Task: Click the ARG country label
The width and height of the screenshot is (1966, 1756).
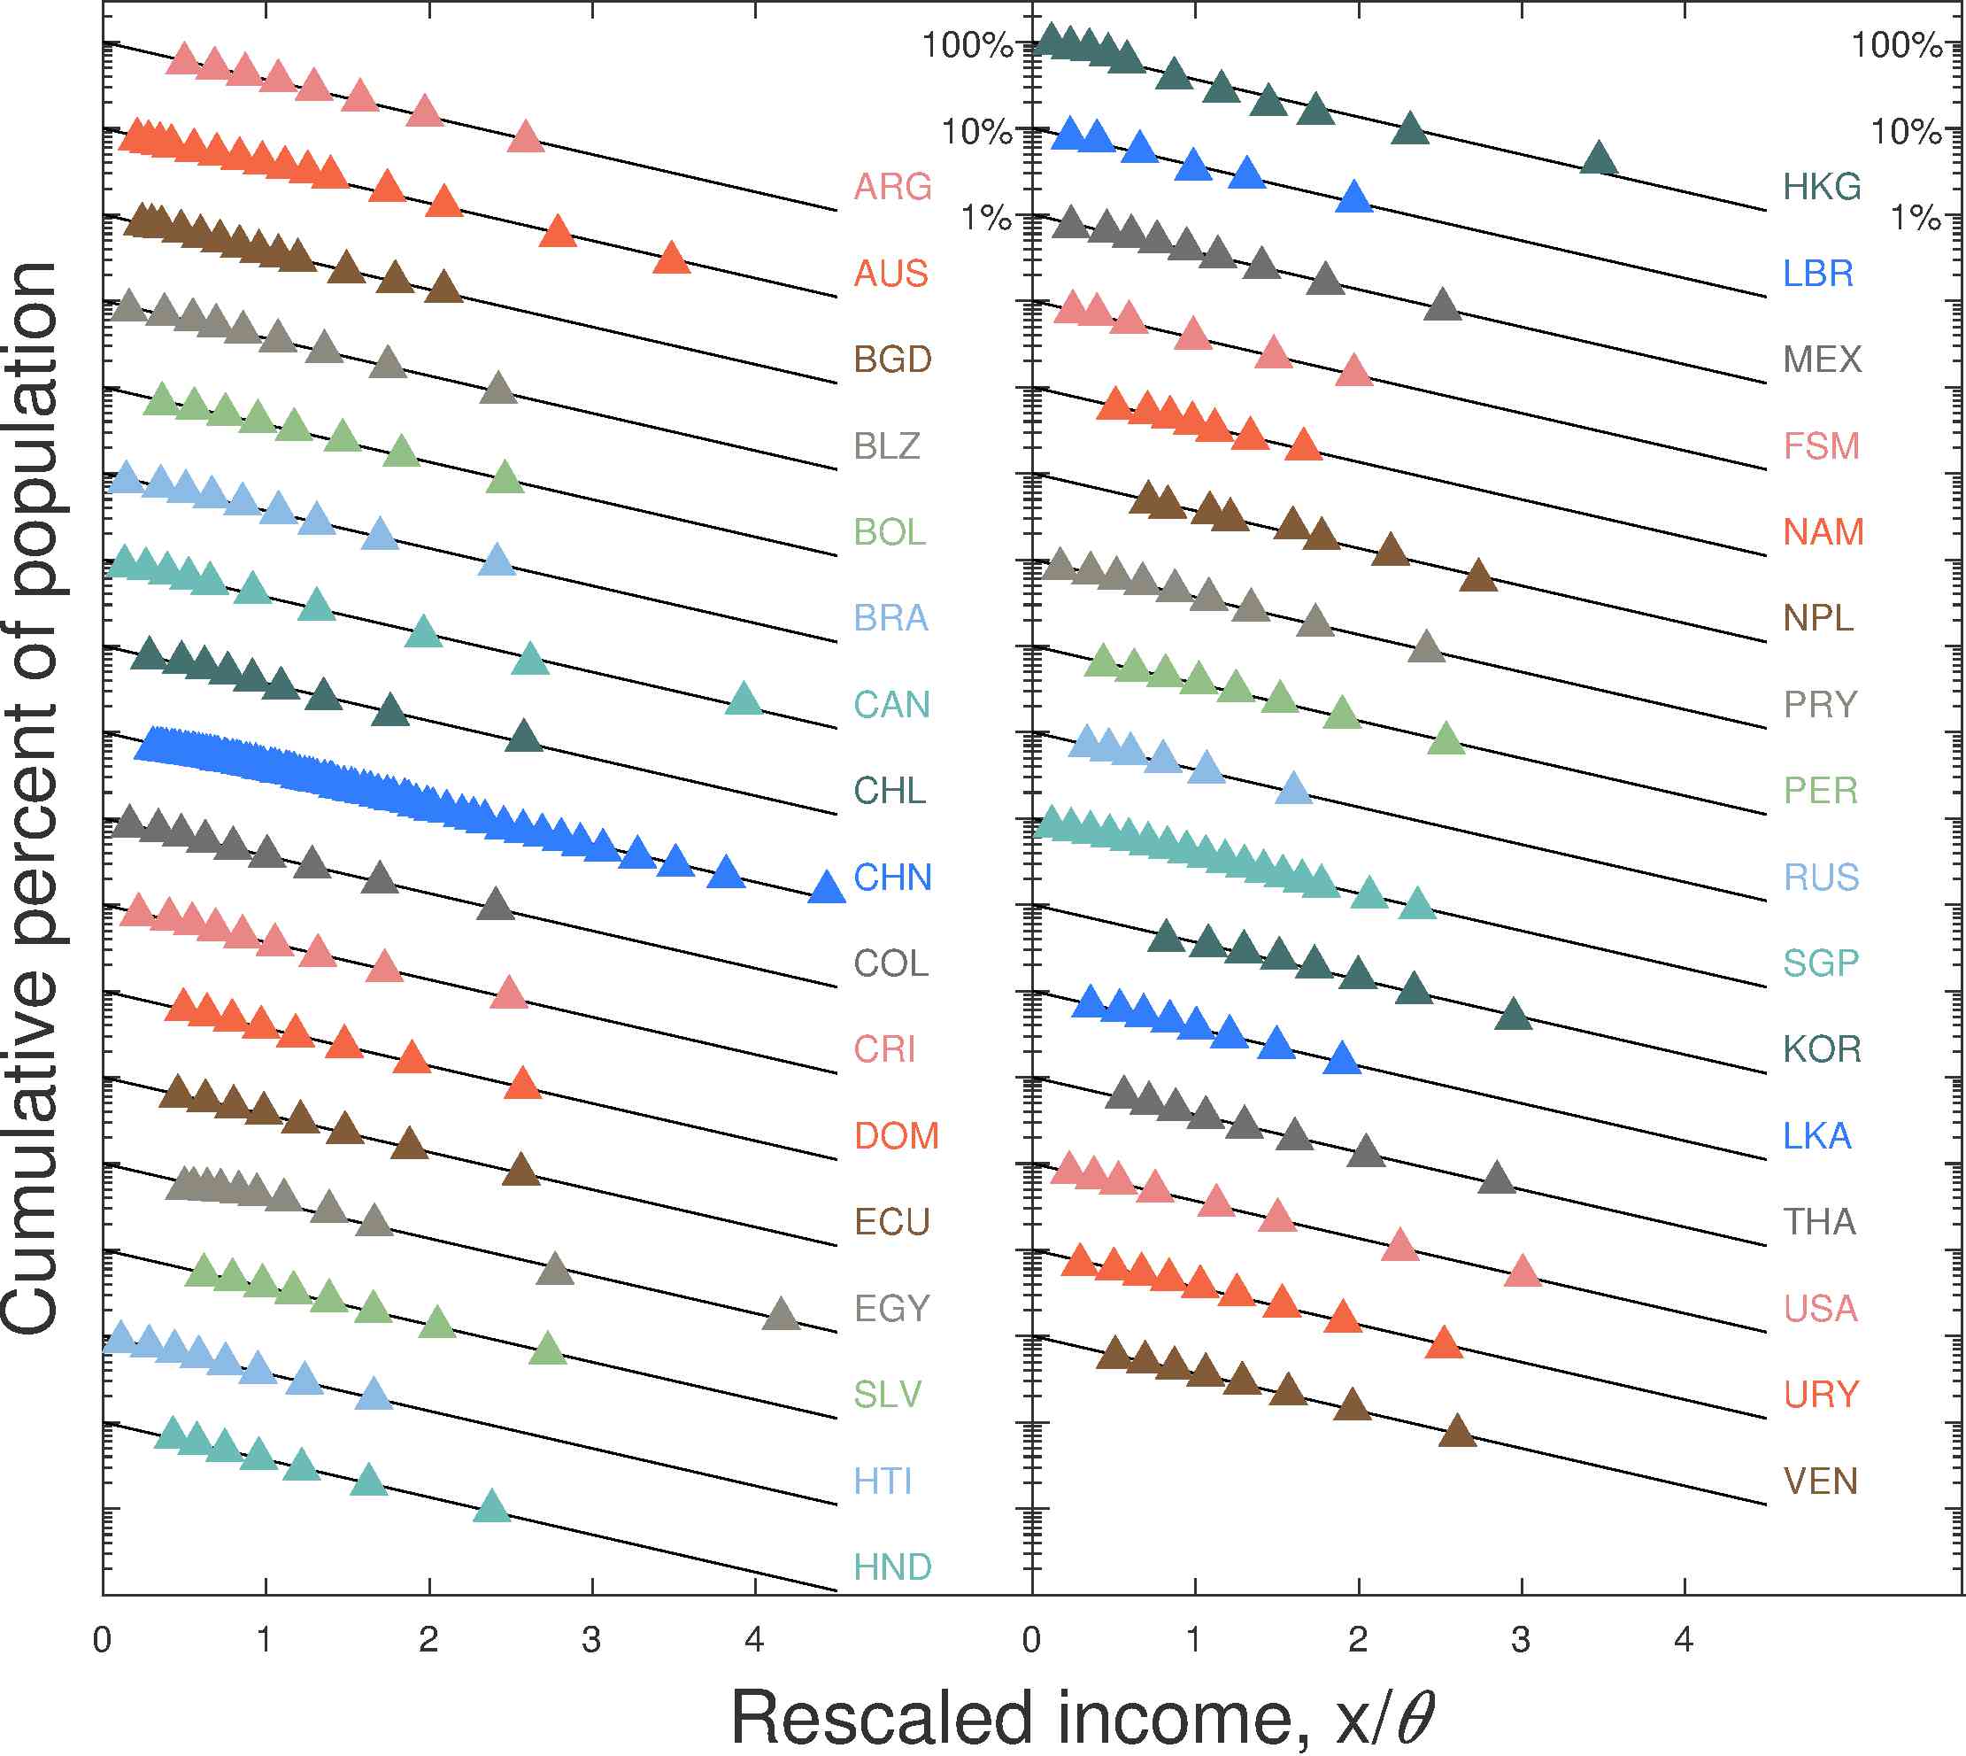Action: (892, 186)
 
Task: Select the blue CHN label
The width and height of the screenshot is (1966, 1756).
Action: (892, 877)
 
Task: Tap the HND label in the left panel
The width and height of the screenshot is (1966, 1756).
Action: (892, 1566)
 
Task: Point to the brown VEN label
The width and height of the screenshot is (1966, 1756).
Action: (1820, 1481)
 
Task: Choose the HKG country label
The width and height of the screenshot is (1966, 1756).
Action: (1822, 186)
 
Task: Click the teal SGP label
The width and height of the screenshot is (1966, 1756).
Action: (1820, 963)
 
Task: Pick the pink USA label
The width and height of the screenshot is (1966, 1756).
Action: (1820, 1308)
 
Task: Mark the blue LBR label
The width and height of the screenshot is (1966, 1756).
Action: (1817, 273)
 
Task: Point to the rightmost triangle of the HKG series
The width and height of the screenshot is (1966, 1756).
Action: (1599, 159)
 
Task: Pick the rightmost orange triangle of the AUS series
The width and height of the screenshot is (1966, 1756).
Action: (671, 259)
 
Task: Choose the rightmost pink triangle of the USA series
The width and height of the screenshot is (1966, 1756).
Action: (1523, 1272)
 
